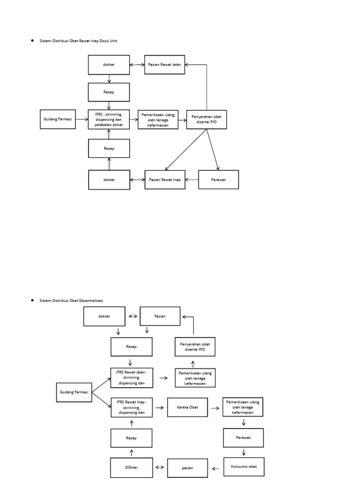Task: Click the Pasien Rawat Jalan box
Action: [165, 65]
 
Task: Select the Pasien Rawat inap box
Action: [165, 180]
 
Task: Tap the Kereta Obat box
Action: [187, 407]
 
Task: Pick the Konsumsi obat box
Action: [244, 467]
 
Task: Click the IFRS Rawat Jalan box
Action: [132, 378]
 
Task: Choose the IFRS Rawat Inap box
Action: [132, 407]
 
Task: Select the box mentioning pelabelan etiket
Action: [109, 120]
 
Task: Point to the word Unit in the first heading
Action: [113, 41]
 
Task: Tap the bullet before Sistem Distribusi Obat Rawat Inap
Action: [32, 40]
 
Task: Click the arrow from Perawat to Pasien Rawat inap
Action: [192, 180]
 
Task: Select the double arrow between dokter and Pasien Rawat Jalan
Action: [137, 65]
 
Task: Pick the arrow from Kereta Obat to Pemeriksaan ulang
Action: [215, 408]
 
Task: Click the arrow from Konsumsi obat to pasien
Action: [216, 468]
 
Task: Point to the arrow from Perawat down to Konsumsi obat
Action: [244, 452]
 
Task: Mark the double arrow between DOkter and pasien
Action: [159, 467]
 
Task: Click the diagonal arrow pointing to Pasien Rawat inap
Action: [186, 150]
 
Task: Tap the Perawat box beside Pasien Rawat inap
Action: [218, 180]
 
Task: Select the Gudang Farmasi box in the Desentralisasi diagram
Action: [74, 392]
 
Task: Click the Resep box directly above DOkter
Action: [131, 438]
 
